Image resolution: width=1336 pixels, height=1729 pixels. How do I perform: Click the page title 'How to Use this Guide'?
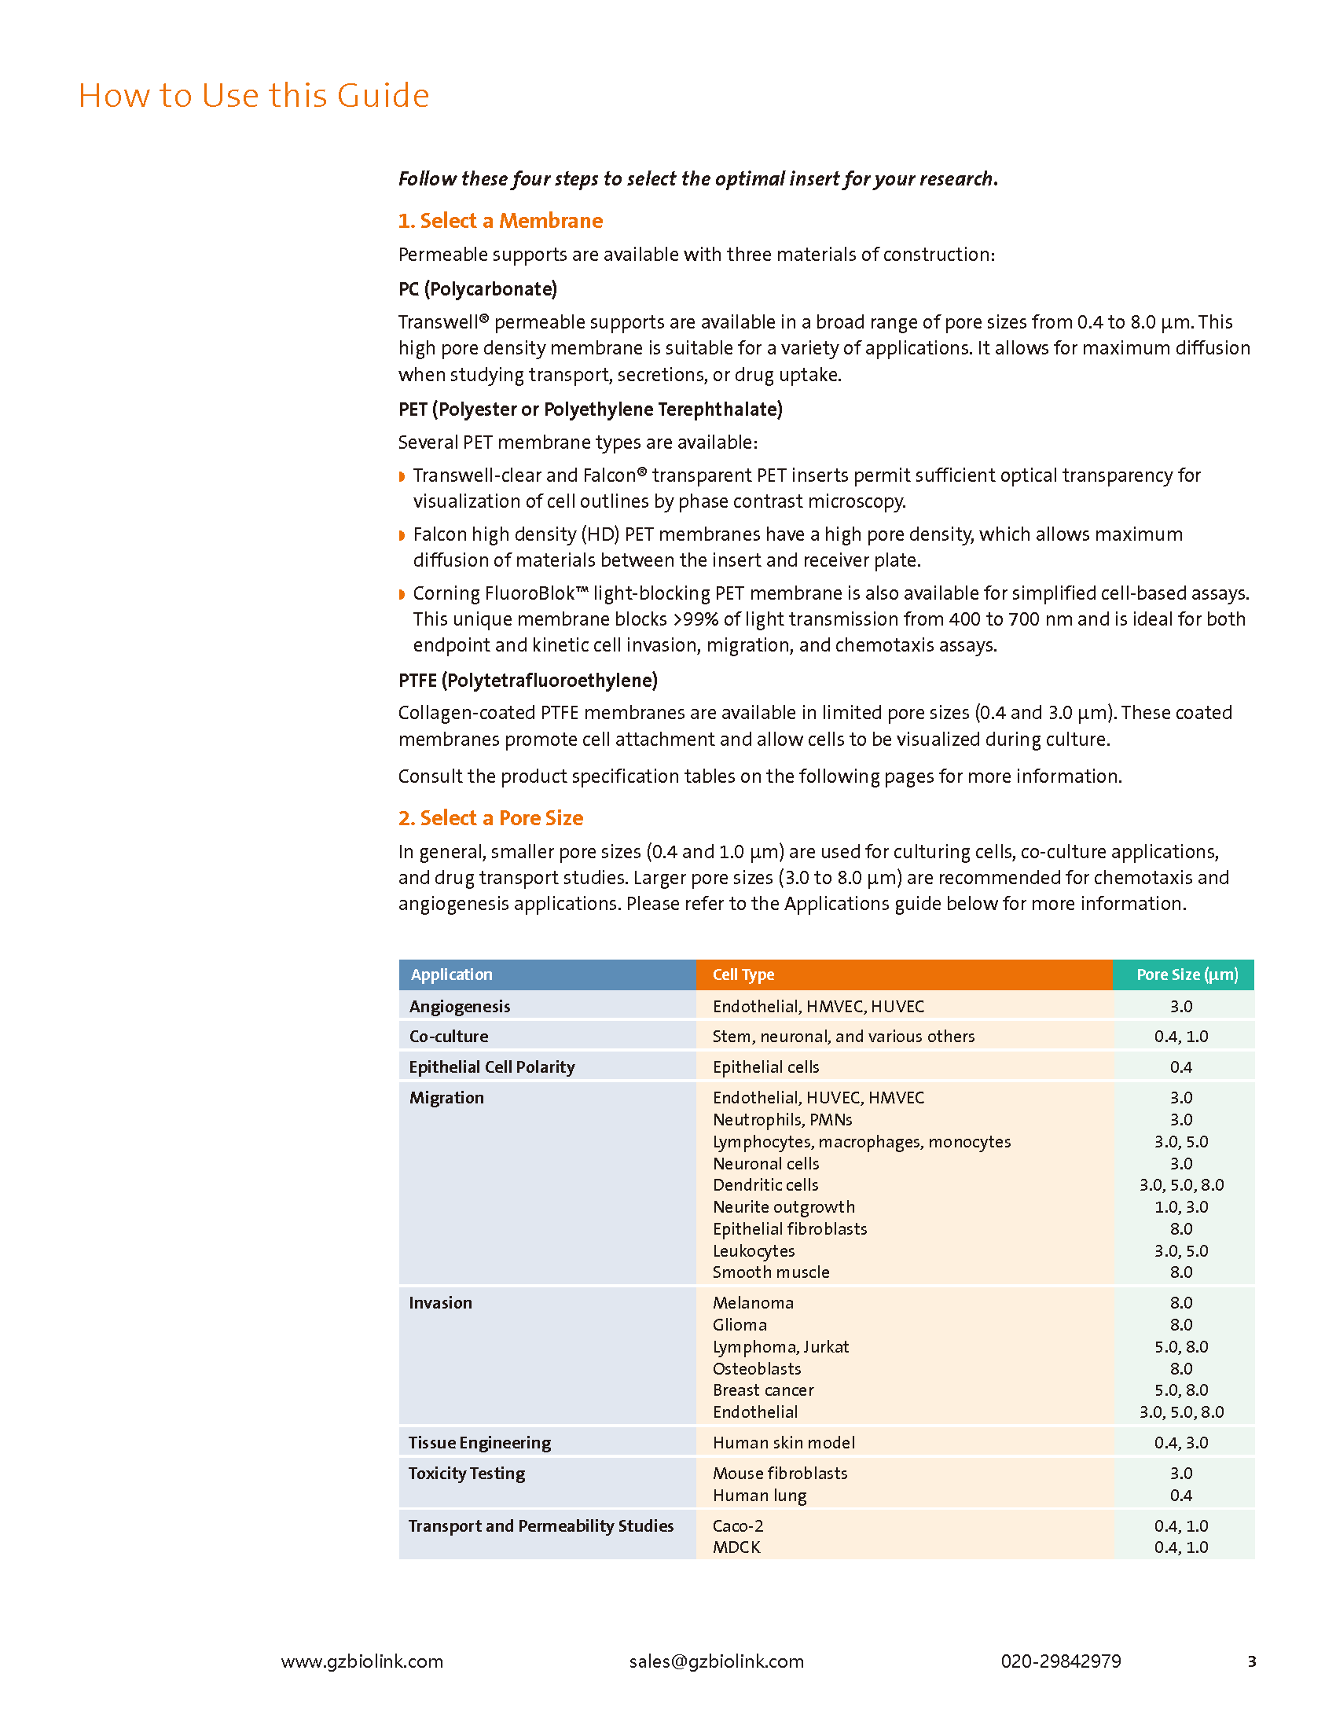(253, 96)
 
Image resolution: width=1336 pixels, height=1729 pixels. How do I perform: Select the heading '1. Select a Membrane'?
(499, 221)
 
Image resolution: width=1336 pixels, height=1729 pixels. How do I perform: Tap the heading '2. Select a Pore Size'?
(490, 818)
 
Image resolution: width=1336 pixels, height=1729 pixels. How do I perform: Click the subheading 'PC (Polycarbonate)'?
(477, 289)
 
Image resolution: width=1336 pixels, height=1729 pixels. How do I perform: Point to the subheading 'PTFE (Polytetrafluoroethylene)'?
(527, 680)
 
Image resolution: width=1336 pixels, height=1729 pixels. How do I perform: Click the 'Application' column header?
(451, 975)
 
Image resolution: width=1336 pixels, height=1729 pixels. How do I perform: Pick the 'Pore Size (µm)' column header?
(1187, 975)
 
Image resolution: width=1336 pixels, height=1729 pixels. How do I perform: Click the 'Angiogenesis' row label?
(459, 1006)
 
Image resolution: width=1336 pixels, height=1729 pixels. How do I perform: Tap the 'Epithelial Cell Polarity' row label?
(491, 1066)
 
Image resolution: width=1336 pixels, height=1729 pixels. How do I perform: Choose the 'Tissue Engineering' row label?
(479, 1442)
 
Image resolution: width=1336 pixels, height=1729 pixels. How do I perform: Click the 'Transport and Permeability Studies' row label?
(541, 1525)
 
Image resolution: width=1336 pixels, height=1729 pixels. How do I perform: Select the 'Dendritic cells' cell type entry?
(765, 1184)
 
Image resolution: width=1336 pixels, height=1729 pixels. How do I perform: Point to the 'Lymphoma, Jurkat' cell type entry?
(780, 1346)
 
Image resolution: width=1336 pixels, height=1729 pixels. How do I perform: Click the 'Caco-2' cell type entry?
(737, 1525)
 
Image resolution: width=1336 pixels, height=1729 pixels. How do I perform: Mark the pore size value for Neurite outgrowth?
(1180, 1206)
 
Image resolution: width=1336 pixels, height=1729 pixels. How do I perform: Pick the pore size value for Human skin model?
(1180, 1442)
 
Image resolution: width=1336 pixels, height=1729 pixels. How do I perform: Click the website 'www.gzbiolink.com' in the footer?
(362, 1661)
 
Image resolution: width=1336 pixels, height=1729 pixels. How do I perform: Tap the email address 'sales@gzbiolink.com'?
(715, 1661)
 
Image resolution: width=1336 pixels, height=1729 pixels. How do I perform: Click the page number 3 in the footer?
(1251, 1661)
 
